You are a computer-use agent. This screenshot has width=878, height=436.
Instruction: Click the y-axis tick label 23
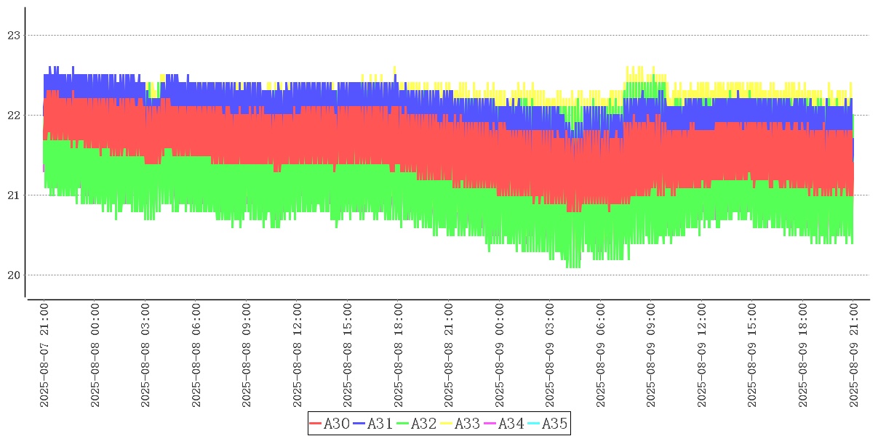15,35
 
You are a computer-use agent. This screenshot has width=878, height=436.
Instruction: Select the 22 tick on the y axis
15,115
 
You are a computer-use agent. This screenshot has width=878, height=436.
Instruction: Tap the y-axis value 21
15,195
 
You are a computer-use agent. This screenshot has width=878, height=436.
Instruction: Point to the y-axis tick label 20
15,275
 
